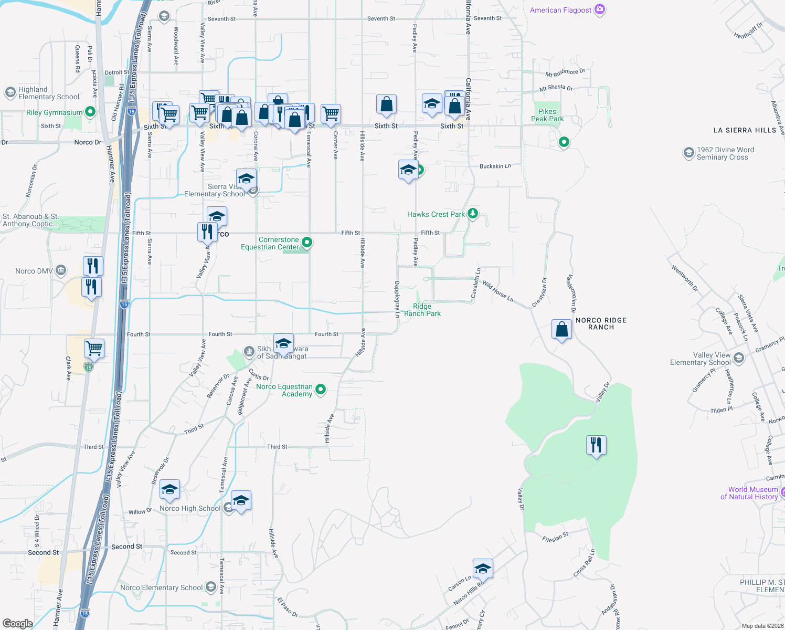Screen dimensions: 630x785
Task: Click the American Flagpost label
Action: pyautogui.click(x=560, y=10)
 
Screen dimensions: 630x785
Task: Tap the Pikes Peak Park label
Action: pyautogui.click(x=547, y=115)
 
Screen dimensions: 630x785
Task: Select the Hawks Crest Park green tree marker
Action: pyautogui.click(x=473, y=213)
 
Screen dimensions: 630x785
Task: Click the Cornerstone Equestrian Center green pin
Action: pyautogui.click(x=307, y=243)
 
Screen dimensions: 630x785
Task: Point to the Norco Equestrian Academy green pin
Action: pyautogui.click(x=321, y=390)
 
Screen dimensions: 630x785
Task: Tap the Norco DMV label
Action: pyautogui.click(x=34, y=271)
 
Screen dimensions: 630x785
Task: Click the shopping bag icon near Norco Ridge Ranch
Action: pyautogui.click(x=561, y=330)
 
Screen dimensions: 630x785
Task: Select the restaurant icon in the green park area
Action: pyautogui.click(x=596, y=445)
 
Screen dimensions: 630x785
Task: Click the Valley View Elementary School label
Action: pyautogui.click(x=700, y=359)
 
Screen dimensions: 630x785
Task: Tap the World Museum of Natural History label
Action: pyautogui.click(x=749, y=493)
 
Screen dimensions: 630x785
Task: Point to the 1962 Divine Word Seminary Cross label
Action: pyautogui.click(x=725, y=153)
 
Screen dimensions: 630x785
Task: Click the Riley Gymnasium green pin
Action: pyautogui.click(x=90, y=112)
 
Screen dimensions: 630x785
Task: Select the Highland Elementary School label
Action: pyautogui.click(x=48, y=93)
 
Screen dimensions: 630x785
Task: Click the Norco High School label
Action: pyautogui.click(x=190, y=508)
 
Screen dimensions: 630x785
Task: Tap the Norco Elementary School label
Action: pyautogui.click(x=161, y=587)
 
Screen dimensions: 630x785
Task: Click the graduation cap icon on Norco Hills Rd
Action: pyautogui.click(x=483, y=569)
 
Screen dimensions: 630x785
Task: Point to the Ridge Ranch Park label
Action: pyautogui.click(x=422, y=310)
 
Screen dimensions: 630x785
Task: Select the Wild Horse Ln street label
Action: pyautogui.click(x=497, y=292)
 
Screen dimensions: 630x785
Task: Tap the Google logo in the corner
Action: pyautogui.click(x=17, y=624)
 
